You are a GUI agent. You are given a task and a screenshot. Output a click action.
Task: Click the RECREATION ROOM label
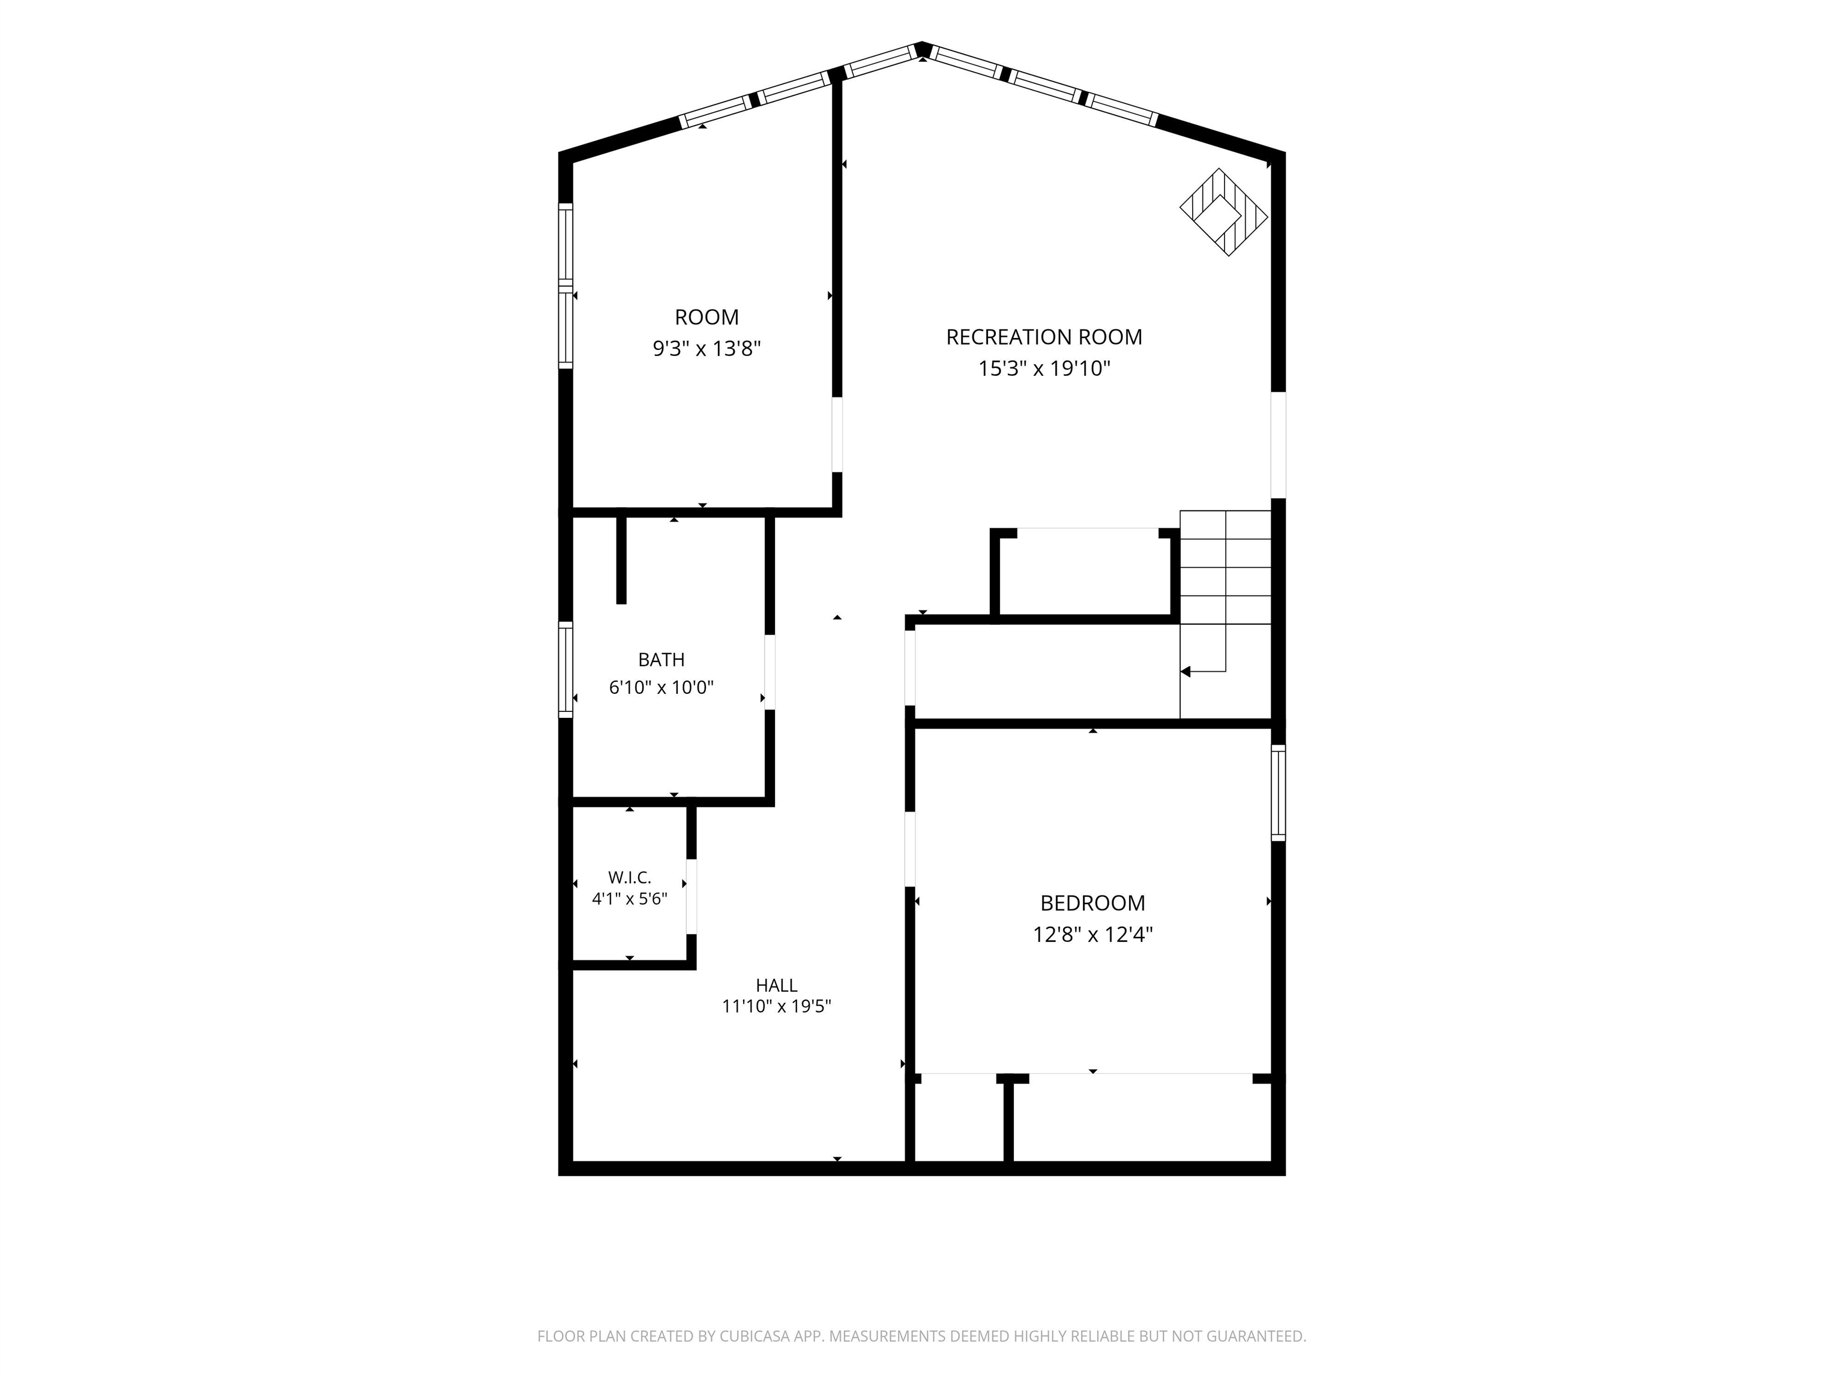point(1044,337)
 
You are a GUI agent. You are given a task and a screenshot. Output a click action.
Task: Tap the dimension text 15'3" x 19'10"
point(1044,369)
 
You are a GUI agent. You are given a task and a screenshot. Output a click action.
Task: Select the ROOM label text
point(706,317)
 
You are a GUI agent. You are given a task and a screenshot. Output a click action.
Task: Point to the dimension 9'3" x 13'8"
point(706,349)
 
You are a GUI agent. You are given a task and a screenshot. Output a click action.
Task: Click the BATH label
point(661,660)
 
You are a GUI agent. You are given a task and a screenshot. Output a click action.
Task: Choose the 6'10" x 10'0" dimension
point(661,688)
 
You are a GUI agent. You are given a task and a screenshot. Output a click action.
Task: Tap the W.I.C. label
point(630,877)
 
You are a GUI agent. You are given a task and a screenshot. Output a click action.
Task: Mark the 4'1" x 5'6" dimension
point(630,899)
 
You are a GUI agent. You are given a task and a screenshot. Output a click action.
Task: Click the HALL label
point(776,986)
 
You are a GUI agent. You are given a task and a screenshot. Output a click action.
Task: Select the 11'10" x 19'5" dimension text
point(776,1006)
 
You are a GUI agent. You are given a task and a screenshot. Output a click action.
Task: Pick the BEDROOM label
point(1092,903)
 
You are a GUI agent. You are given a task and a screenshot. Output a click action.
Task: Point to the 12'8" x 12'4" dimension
point(1092,935)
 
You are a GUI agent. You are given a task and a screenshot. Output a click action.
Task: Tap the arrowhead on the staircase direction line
point(1184,671)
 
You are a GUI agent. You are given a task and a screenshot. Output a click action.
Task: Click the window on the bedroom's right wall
point(1278,793)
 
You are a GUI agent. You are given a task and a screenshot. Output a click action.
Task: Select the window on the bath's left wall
point(566,669)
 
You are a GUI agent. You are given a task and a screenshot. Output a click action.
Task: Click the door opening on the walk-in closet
point(691,896)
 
